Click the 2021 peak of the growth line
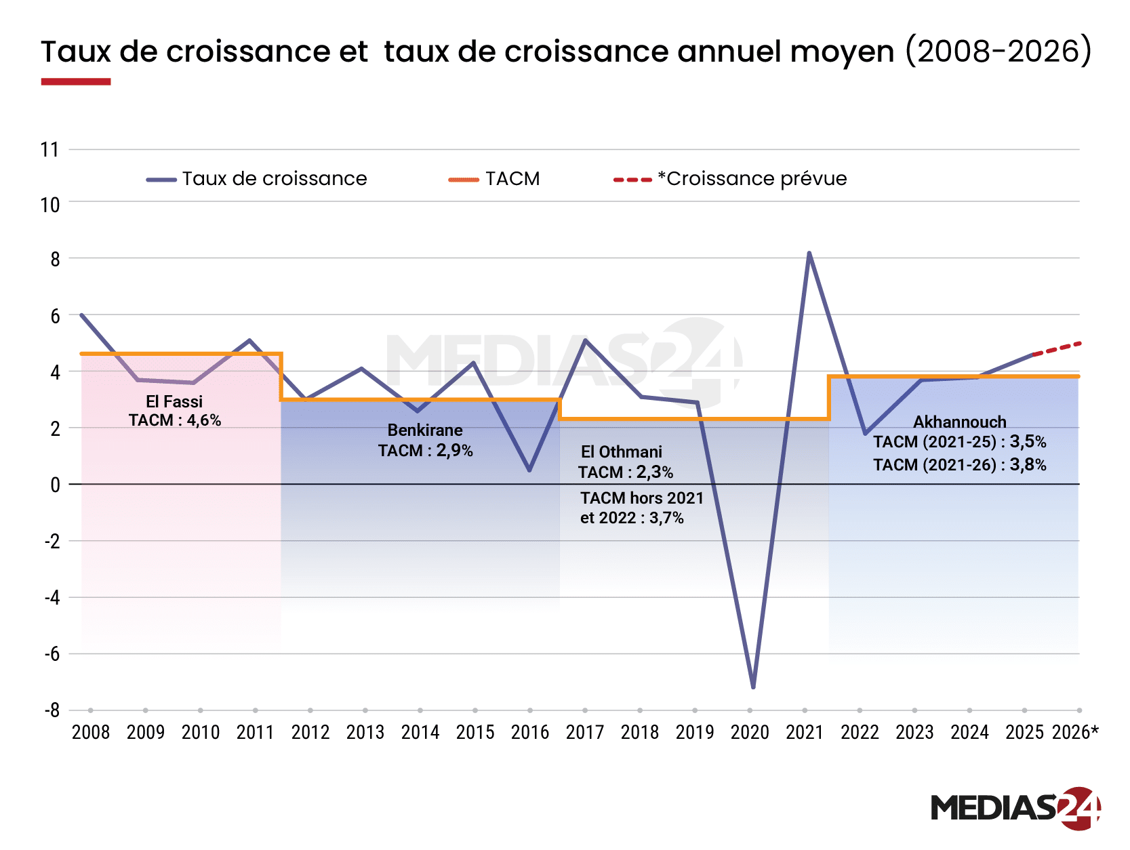809,254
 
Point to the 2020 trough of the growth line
753,687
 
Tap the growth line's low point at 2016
529,470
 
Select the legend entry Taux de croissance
258,179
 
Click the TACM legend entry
495,179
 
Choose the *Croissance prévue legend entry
731,179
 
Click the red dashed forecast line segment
1056,348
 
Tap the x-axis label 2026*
1074,732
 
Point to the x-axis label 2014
420,732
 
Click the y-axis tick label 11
49,149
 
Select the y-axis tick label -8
52,710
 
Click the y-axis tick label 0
55,485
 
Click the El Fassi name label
174,401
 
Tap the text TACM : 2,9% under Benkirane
425,450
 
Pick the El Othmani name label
621,451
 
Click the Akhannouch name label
959,422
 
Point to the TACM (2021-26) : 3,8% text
959,464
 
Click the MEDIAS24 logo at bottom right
1015,807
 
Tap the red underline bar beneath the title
75,81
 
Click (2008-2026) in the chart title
998,51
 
